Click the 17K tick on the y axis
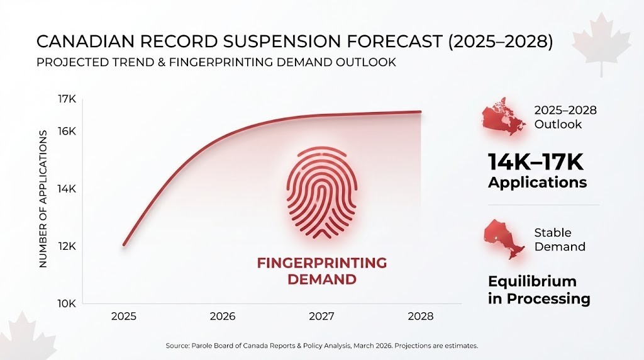click(67, 99)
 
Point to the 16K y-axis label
click(67, 132)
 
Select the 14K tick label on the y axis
click(67, 189)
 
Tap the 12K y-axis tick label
click(67, 246)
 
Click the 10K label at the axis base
click(67, 303)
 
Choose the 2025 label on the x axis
click(123, 316)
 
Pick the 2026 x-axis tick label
click(222, 316)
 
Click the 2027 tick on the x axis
click(321, 316)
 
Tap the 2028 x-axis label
click(420, 316)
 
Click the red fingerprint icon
click(321, 193)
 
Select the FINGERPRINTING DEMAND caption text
click(321, 271)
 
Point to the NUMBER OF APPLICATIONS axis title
click(43, 199)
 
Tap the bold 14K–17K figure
click(536, 162)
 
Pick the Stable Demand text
click(559, 239)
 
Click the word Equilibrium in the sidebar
click(532, 281)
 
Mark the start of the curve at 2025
click(124, 244)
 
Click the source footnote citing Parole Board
click(321, 346)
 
